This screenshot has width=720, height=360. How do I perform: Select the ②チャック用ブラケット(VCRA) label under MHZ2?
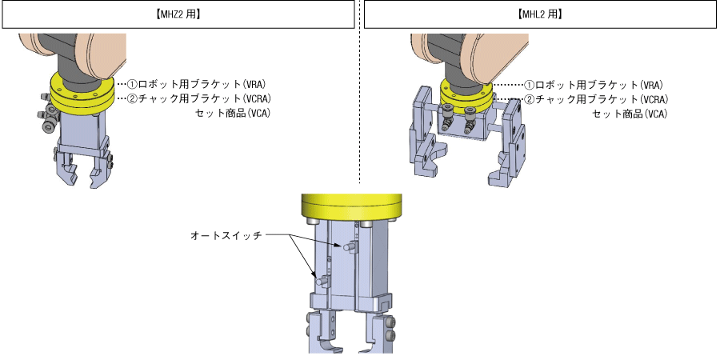202,98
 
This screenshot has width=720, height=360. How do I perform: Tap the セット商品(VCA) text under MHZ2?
233,113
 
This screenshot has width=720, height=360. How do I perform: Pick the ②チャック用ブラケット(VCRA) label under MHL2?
600,99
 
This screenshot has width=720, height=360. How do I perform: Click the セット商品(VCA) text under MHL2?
630,114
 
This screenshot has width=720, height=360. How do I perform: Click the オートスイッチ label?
226,235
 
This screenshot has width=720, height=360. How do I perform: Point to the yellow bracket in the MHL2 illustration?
467,94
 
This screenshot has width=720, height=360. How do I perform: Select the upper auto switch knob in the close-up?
349,249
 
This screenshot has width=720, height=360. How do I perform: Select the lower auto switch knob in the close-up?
321,282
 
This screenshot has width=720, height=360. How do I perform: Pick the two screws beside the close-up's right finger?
390,332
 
